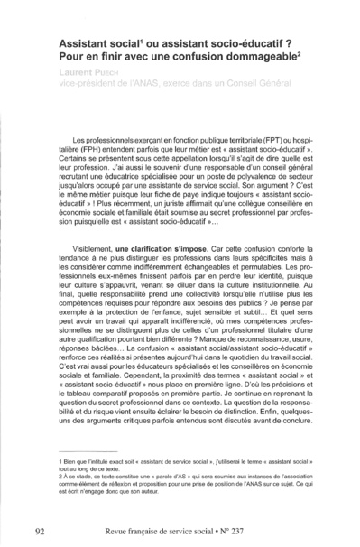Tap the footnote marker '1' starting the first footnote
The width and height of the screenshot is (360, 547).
click(x=59, y=459)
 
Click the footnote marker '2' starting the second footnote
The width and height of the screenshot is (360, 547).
click(x=59, y=476)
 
